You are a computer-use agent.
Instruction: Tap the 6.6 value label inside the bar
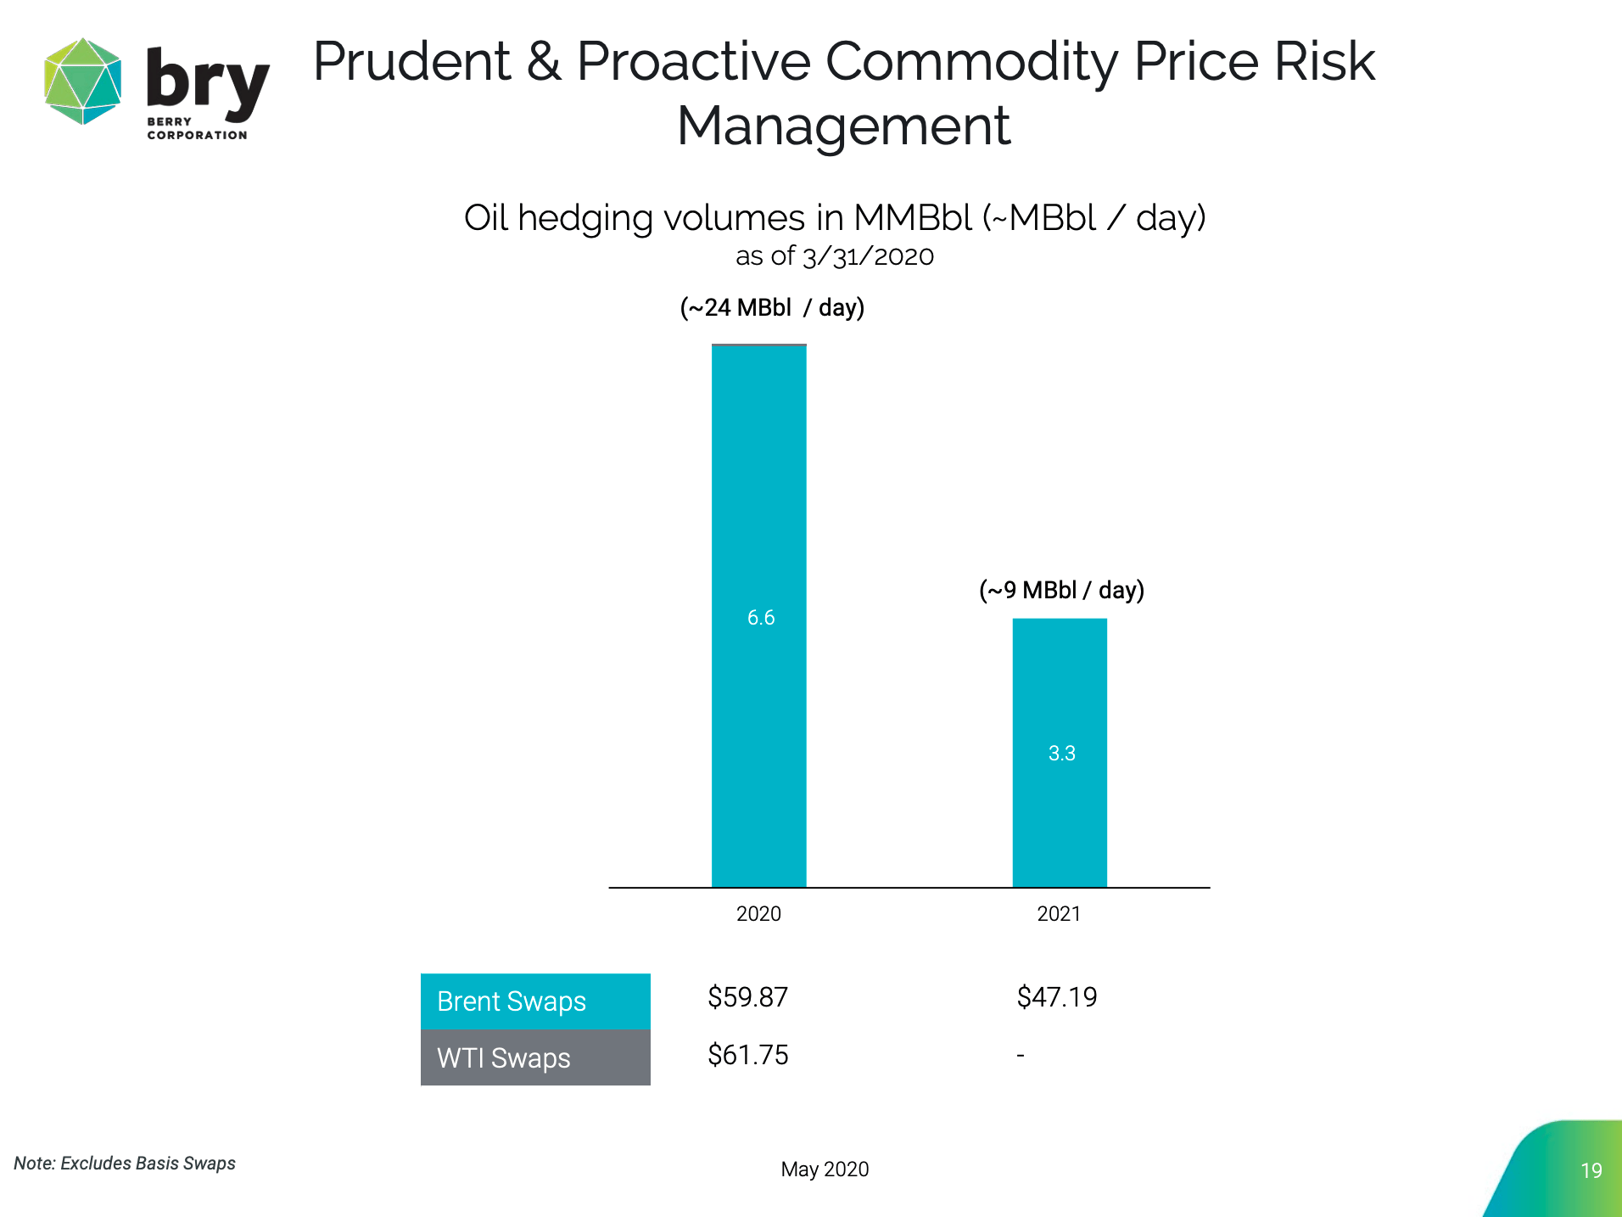click(761, 618)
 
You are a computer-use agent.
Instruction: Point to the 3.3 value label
click(1061, 753)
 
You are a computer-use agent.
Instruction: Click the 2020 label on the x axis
click(758, 914)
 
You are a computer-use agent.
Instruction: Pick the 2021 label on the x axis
click(1059, 914)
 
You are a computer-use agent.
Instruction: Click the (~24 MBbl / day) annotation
click(772, 307)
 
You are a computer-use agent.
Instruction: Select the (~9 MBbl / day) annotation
click(1061, 590)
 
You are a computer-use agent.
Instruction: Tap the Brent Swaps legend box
click(535, 1001)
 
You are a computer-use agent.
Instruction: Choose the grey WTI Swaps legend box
click(535, 1058)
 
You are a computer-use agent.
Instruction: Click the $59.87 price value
click(748, 997)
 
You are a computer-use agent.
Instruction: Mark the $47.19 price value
click(1057, 997)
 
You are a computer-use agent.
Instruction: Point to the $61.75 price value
click(748, 1055)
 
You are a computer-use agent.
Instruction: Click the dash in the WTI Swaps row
click(1021, 1056)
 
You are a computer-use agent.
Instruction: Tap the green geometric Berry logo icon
click(82, 81)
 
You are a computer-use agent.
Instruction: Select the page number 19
click(1591, 1171)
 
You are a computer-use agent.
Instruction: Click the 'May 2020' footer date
click(825, 1169)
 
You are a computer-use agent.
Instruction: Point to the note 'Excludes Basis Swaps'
click(125, 1164)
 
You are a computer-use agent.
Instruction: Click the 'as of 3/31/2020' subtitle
click(834, 256)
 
